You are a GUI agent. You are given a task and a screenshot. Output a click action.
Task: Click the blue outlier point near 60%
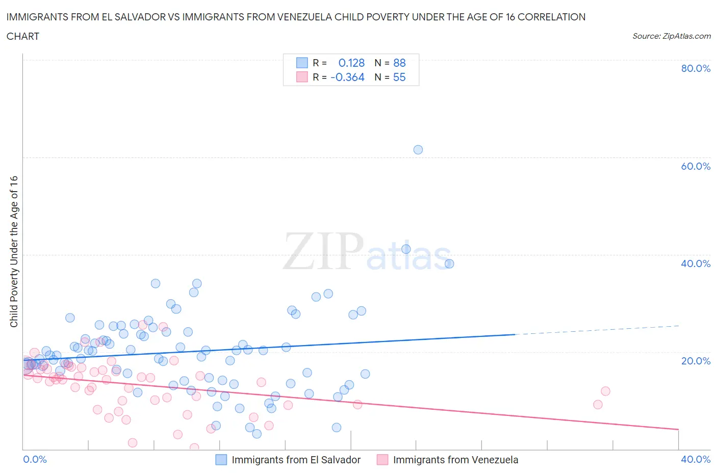tap(418, 150)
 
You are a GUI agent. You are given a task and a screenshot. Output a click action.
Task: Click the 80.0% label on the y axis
tap(696, 69)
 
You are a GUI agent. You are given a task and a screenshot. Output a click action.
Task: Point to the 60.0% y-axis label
tap(696, 166)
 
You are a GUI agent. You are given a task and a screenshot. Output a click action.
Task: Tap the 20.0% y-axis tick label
tap(696, 361)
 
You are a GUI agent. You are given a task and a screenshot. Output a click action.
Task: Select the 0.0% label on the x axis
tap(35, 460)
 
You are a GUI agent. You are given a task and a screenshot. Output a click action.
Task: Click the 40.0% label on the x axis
tap(696, 460)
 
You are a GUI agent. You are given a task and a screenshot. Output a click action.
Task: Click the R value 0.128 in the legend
tap(351, 63)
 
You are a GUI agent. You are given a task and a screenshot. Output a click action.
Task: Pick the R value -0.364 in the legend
tap(347, 77)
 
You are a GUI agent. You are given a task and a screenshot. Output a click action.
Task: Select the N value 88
tap(399, 63)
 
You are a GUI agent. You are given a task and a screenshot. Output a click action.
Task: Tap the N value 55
tap(399, 77)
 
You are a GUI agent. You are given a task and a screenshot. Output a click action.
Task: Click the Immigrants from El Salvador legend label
tap(296, 460)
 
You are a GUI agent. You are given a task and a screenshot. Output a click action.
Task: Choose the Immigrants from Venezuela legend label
tap(455, 460)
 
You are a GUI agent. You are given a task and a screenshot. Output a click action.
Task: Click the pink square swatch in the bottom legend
tap(382, 460)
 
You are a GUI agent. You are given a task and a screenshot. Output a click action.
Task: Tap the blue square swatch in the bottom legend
tap(221, 460)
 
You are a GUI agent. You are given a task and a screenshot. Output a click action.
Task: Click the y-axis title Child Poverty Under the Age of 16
tap(14, 252)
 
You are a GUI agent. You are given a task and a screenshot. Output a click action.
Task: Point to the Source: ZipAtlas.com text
tap(671, 36)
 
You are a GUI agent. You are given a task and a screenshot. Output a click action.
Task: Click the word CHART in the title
tap(23, 36)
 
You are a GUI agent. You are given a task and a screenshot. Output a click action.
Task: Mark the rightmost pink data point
tap(605, 391)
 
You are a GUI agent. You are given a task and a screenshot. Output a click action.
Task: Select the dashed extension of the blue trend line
tap(597, 330)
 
